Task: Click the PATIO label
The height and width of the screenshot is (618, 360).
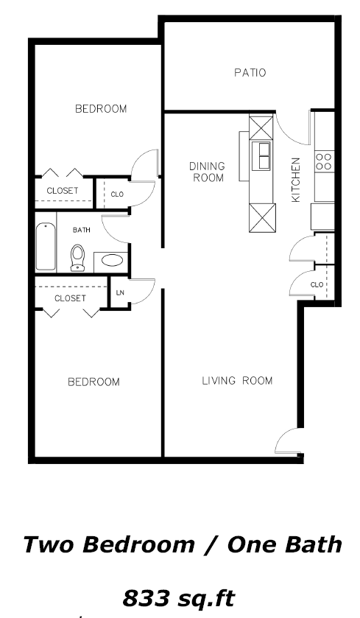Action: point(250,72)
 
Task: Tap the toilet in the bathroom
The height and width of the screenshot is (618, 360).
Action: point(77,258)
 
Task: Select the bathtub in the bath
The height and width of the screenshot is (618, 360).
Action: point(46,246)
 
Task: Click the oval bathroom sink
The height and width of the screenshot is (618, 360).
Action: point(112,260)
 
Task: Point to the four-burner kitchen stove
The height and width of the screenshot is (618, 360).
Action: point(324,161)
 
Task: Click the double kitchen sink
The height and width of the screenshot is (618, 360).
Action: point(261,155)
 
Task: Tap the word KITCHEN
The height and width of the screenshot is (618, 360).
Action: point(296,180)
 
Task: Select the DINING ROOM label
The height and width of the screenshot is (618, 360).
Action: point(208,172)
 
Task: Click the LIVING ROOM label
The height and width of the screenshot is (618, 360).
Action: point(237,381)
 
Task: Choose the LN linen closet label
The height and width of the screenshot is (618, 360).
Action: point(120,292)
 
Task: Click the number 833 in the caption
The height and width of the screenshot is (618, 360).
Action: point(147,598)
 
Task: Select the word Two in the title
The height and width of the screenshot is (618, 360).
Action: point(48,544)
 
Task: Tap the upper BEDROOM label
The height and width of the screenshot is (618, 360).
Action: point(101,109)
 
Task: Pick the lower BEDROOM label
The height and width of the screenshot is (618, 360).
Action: point(93,382)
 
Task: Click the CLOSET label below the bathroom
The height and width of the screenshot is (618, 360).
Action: point(70,298)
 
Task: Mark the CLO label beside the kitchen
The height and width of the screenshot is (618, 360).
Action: point(317,284)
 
